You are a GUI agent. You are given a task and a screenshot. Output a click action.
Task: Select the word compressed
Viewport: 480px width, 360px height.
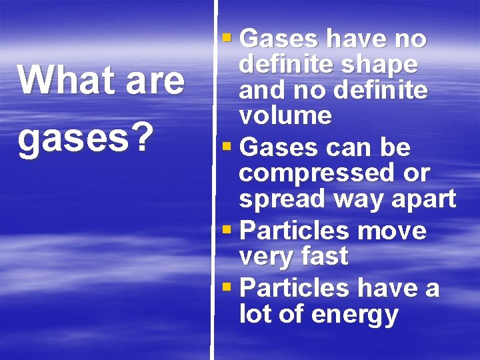(313, 173)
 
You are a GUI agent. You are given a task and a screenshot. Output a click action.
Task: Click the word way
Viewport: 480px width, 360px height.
(353, 199)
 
